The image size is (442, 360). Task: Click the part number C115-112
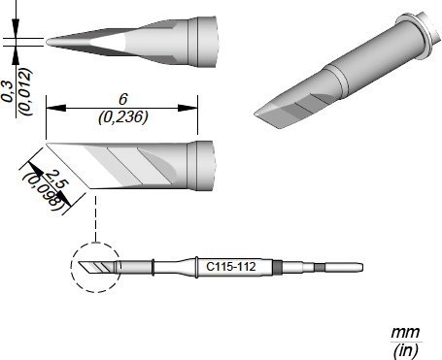point(231,267)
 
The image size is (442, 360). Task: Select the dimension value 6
point(123,99)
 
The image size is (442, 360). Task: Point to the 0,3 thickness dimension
point(8,92)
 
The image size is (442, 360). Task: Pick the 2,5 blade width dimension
point(55,179)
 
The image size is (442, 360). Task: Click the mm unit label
point(405,332)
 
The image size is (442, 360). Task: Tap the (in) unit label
point(405,350)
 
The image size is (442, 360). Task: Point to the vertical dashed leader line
point(95,218)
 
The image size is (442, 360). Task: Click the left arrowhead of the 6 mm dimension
point(56,108)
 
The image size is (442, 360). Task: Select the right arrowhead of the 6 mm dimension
point(187,108)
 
